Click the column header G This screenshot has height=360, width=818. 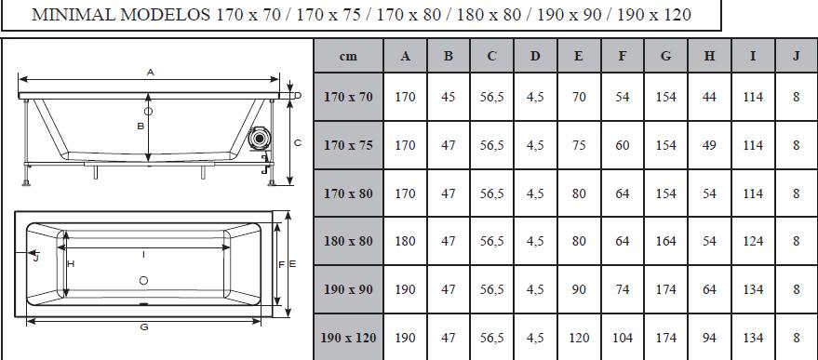click(665, 57)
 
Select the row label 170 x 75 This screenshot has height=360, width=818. click(348, 145)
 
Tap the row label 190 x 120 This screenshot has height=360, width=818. click(348, 338)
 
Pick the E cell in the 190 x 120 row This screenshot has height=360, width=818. click(579, 338)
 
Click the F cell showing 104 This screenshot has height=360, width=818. click(622, 338)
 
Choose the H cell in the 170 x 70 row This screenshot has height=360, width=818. click(709, 97)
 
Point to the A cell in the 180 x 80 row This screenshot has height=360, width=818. click(405, 241)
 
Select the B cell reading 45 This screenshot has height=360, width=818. click(449, 97)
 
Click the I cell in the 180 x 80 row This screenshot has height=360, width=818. click(752, 241)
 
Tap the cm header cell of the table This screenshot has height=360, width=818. click(348, 57)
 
